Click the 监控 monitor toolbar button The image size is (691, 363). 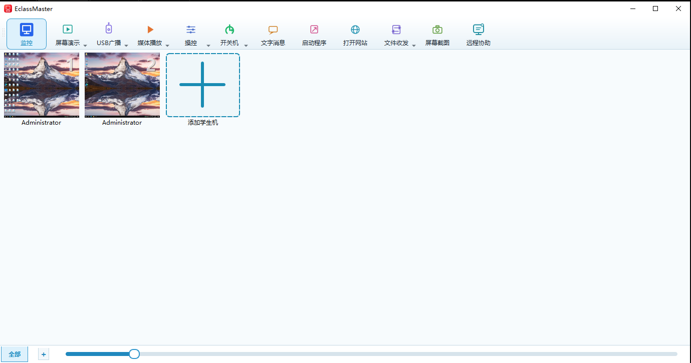tap(27, 34)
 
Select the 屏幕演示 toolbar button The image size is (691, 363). tap(68, 35)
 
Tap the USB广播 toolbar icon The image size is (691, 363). tap(109, 29)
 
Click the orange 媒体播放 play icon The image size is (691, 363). tap(150, 30)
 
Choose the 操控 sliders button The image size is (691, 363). tap(190, 35)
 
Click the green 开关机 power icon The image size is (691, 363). tap(229, 30)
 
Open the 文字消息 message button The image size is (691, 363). tap(273, 35)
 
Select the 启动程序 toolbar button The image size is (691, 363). tap(314, 35)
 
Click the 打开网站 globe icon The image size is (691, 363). tap(355, 30)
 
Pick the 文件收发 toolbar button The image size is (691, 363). tap(396, 35)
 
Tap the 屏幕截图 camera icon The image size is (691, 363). tap(437, 30)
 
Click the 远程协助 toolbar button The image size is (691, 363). tap(479, 35)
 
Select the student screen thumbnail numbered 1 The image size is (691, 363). tap(41, 85)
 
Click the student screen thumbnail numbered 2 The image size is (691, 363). tap(122, 85)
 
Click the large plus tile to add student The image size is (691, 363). tap(202, 85)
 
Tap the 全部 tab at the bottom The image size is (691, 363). tap(15, 354)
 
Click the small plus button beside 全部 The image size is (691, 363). tap(44, 354)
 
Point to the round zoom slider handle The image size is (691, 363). tap(134, 354)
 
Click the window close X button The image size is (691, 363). tap(678, 9)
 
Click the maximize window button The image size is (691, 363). tap(655, 9)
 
